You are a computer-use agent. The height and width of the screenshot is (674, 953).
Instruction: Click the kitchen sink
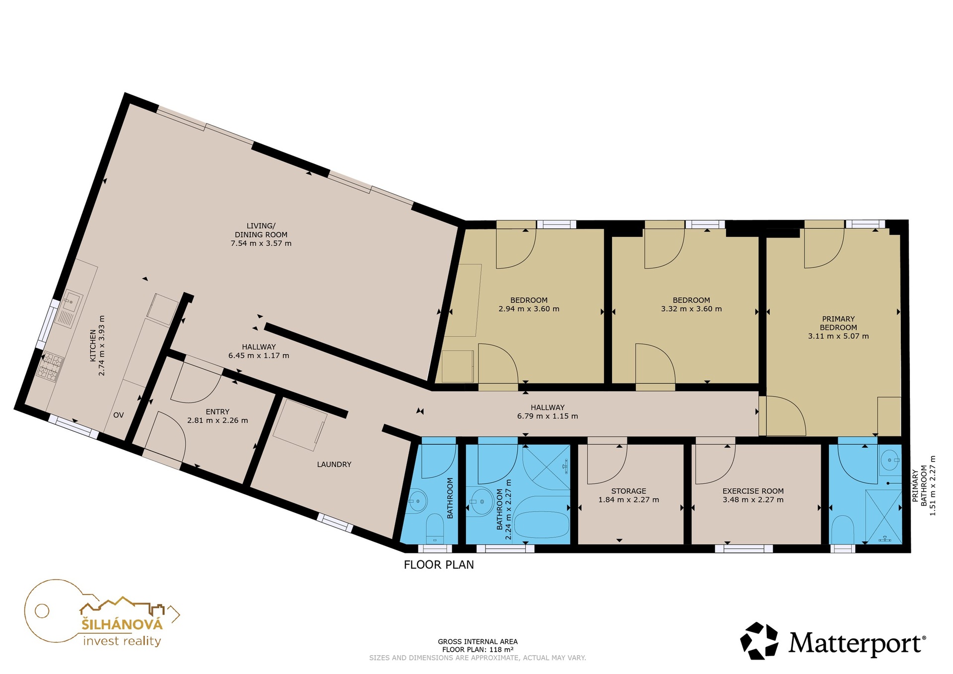(70, 307)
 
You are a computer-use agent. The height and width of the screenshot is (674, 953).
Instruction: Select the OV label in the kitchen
(118, 415)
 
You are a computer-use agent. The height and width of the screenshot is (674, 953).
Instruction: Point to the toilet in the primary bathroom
(842, 530)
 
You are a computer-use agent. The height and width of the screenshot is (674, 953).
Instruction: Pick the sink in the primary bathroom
(890, 460)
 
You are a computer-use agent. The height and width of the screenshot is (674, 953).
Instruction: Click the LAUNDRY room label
(334, 465)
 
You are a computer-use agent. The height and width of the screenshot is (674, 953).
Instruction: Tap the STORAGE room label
(628, 491)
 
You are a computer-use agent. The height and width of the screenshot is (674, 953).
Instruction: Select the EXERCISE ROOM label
(753, 491)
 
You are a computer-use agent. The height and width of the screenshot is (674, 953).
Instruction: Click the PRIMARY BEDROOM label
(838, 323)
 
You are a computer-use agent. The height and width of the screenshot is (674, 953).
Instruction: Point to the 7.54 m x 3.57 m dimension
(261, 243)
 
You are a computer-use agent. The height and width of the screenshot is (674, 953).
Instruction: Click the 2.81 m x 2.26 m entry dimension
(217, 420)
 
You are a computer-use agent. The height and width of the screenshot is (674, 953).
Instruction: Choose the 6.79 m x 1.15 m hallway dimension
(547, 416)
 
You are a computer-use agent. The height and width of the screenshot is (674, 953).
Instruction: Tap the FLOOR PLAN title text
(439, 564)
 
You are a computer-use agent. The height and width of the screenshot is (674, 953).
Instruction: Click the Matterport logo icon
(759, 641)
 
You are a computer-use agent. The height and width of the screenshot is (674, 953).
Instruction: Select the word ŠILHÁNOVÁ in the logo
(122, 624)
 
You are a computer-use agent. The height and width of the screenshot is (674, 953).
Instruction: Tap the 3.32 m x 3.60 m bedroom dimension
(691, 309)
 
